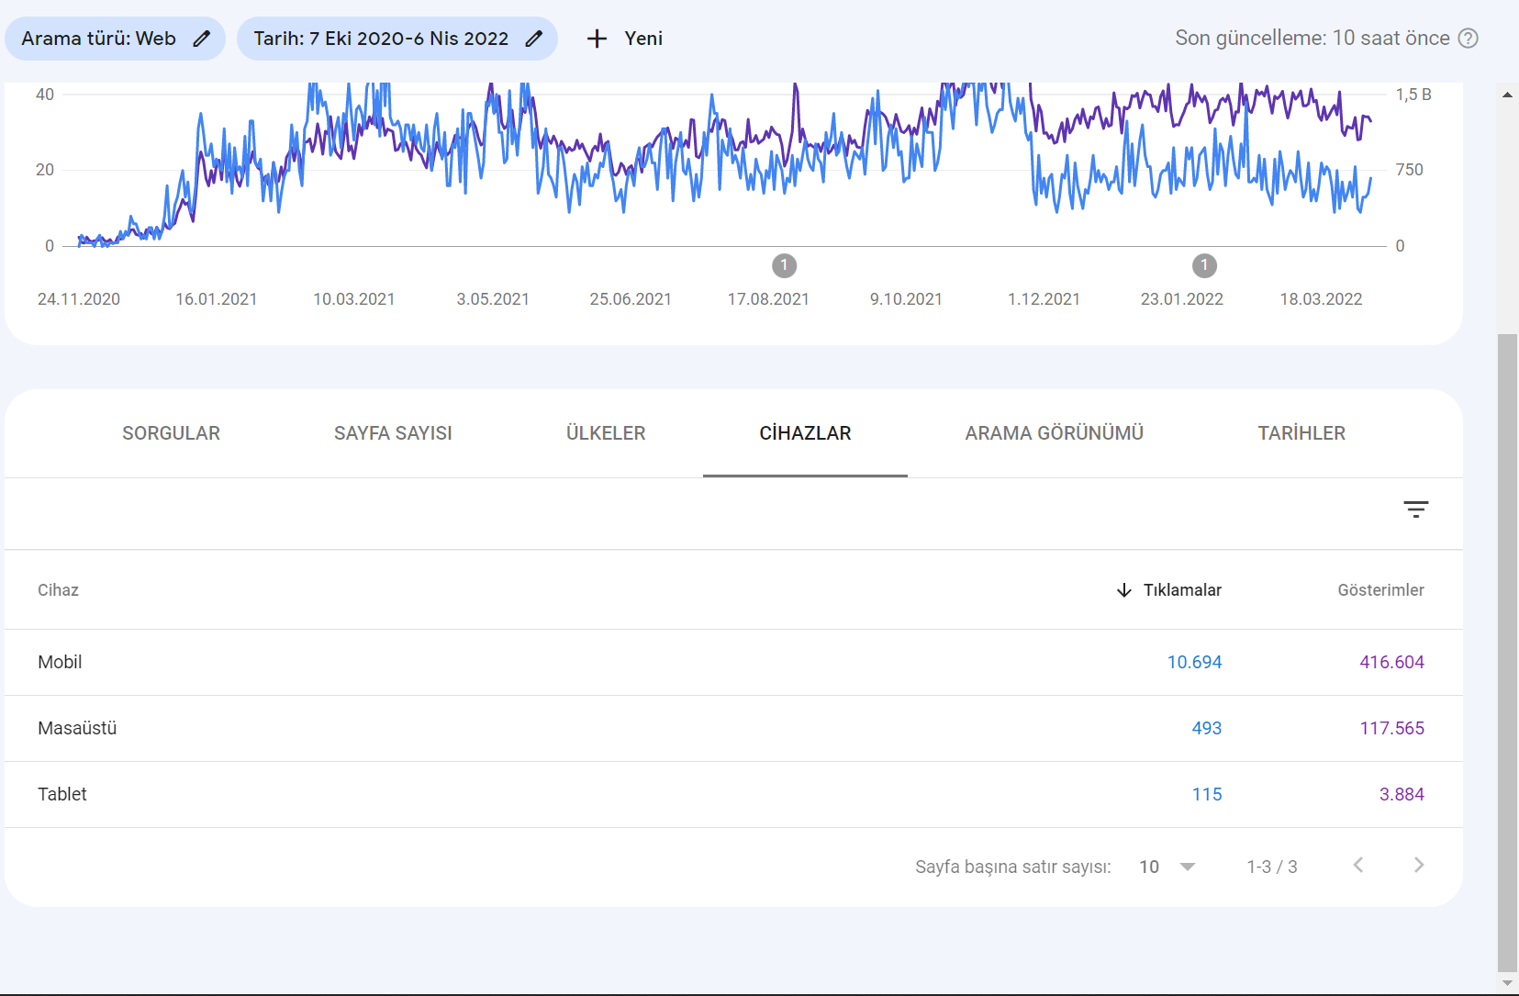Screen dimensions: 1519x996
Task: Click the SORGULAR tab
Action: click(x=171, y=433)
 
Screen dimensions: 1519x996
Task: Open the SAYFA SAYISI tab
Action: click(x=393, y=433)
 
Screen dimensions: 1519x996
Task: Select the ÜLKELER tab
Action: click(x=606, y=433)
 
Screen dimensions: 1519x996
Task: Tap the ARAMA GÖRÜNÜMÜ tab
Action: click(x=1054, y=433)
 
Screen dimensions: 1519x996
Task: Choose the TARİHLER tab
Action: click(x=1301, y=433)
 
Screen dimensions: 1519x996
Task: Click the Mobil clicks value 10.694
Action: click(x=1194, y=663)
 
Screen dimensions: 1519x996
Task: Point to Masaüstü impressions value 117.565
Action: click(x=1391, y=728)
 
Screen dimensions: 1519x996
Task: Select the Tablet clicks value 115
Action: click(x=1207, y=795)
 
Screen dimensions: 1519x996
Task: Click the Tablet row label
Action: click(x=62, y=795)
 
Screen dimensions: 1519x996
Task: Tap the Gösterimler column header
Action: click(x=1380, y=590)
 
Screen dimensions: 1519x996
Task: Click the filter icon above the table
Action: click(x=1416, y=509)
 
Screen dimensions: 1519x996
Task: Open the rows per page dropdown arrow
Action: click(x=1188, y=867)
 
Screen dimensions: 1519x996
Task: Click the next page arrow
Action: click(x=1419, y=865)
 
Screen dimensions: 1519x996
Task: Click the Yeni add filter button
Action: click(x=624, y=39)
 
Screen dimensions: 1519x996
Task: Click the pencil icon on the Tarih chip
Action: click(x=534, y=39)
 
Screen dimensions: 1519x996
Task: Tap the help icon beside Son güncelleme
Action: click(x=1469, y=39)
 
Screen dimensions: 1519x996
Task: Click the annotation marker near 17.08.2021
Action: click(x=784, y=265)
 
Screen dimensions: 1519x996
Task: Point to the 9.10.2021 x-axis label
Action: click(x=906, y=299)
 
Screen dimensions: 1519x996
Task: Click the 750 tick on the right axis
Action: click(x=1409, y=170)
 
